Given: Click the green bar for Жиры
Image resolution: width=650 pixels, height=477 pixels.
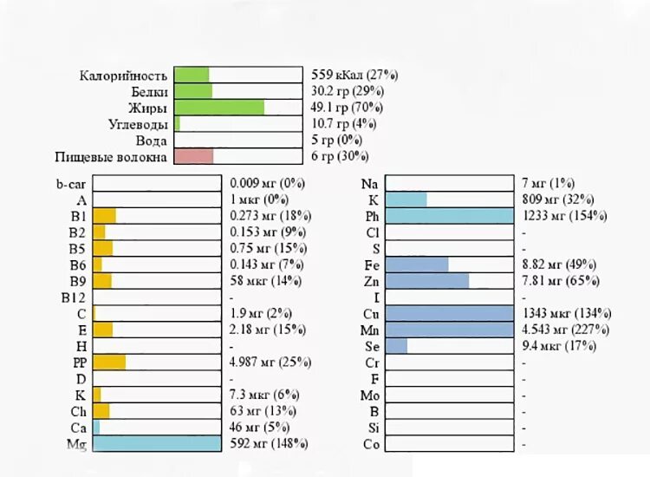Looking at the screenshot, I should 218,108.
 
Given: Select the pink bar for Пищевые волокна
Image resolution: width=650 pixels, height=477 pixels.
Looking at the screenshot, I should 193,157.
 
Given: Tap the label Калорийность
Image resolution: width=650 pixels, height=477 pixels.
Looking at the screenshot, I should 123,75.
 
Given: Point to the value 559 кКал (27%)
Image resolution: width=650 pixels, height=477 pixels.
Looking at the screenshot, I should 354,75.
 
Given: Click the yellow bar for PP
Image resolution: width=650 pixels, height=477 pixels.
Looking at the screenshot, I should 109,363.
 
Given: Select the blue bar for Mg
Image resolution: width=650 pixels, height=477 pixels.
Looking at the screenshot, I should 157,444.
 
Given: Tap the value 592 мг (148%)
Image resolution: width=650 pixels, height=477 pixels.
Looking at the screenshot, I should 269,444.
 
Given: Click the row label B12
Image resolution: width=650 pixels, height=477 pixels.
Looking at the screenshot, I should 73,297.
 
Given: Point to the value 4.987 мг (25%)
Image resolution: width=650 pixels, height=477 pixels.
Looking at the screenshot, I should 270,363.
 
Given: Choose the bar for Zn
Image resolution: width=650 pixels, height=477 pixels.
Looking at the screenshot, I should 426,281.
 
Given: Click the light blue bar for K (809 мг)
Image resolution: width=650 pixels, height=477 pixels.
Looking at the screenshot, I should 406,199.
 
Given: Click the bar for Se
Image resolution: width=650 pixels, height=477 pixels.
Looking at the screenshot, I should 396,346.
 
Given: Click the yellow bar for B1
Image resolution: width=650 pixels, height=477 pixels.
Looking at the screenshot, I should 104,216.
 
